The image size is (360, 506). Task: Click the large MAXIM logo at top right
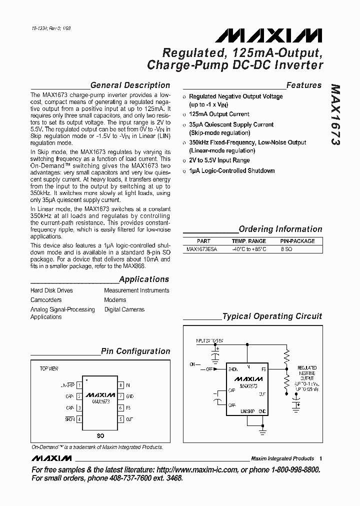pyautogui.click(x=269, y=35)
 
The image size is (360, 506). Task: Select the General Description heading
pyautogui.click(x=130, y=85)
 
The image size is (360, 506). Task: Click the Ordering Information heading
pyautogui.click(x=280, y=229)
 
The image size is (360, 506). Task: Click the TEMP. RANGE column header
pyautogui.click(x=248, y=241)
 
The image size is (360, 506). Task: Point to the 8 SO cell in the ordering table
pyautogui.click(x=286, y=248)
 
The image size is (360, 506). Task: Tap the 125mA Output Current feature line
pyautogui.click(x=219, y=114)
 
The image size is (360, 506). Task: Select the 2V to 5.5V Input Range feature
pyautogui.click(x=219, y=160)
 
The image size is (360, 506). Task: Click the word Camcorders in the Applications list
pyautogui.click(x=46, y=300)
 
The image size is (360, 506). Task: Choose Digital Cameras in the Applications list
pyautogui.click(x=124, y=309)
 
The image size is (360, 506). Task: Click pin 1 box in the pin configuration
pyautogui.click(x=79, y=385)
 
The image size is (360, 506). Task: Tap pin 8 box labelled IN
pyautogui.click(x=120, y=385)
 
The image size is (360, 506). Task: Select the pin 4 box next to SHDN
pyautogui.click(x=79, y=419)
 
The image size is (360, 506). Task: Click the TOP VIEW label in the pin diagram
pyautogui.click(x=49, y=368)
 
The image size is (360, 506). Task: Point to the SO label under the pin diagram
pyautogui.click(x=100, y=436)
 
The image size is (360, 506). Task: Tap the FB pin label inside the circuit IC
pyautogui.click(x=263, y=369)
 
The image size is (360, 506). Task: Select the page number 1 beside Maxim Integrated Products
pyautogui.click(x=320, y=458)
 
